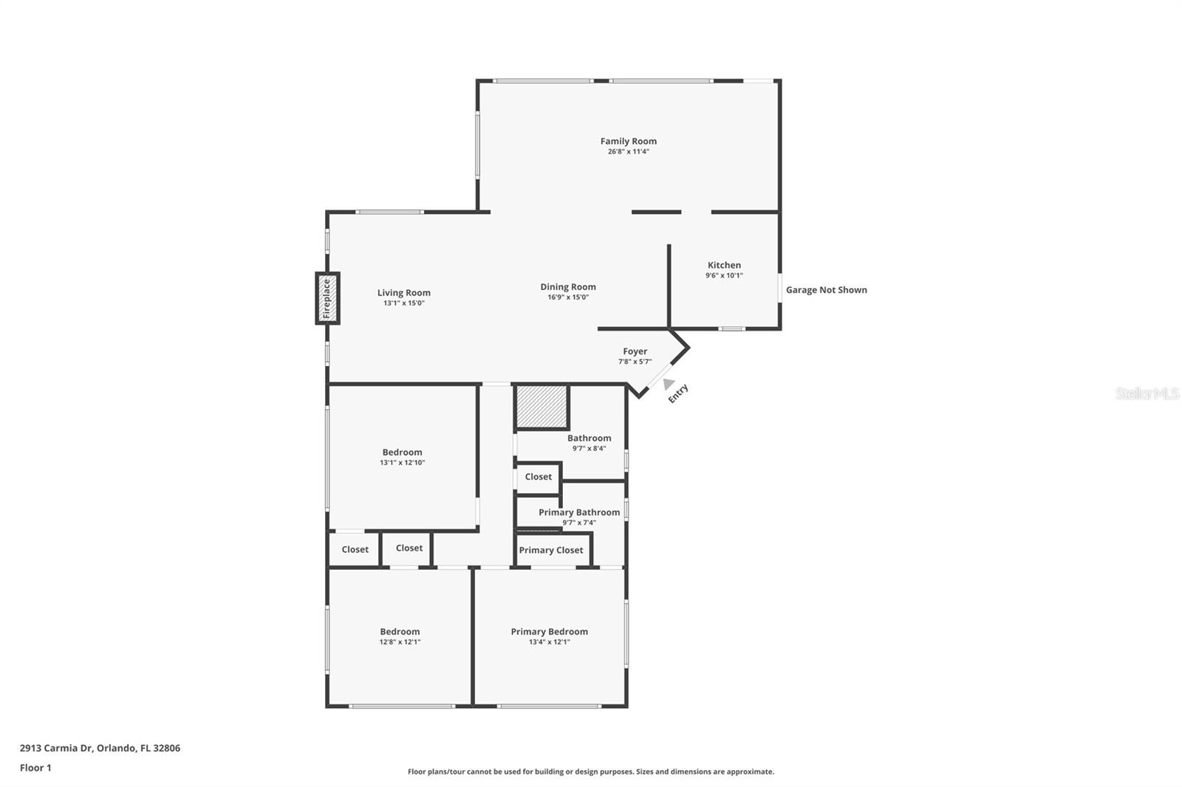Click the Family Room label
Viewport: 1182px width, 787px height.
(x=628, y=141)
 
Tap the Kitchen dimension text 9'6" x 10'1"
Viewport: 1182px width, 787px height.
(x=724, y=275)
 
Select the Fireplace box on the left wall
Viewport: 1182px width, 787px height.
(x=327, y=298)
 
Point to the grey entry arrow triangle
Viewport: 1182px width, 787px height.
(x=668, y=384)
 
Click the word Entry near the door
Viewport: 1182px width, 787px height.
(x=678, y=393)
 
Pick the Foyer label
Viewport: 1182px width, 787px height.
(x=635, y=351)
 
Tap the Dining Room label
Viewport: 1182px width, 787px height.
(x=567, y=287)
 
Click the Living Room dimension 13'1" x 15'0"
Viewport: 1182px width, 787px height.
(x=403, y=303)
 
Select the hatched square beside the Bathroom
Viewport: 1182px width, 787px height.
(x=542, y=406)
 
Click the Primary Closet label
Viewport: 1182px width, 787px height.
(x=551, y=550)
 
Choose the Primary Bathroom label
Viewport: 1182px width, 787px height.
(x=578, y=512)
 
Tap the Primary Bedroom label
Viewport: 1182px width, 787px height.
(x=549, y=631)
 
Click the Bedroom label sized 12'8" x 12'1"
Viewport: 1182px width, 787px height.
(x=400, y=631)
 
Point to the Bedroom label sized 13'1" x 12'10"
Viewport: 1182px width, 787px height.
(x=402, y=453)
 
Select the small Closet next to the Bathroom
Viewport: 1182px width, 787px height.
(x=538, y=477)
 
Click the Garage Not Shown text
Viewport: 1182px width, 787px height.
(x=826, y=290)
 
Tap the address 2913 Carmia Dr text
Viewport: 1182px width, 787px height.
(x=100, y=748)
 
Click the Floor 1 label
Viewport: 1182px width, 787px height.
(x=35, y=768)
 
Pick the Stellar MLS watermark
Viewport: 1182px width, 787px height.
(x=1147, y=393)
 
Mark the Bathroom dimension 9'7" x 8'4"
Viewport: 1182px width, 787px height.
(x=589, y=448)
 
